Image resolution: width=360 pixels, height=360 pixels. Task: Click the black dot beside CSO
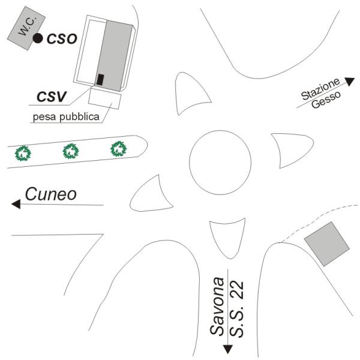(38, 38)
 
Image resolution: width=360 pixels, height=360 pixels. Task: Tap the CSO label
(62, 38)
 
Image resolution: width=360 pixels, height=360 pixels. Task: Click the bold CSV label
(52, 97)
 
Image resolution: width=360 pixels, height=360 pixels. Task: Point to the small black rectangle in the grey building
(100, 80)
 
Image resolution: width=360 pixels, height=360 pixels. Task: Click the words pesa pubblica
(66, 117)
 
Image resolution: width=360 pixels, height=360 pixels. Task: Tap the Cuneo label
(51, 194)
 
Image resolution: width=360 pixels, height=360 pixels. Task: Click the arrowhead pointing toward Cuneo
(16, 204)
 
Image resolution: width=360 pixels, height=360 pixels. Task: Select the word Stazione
(320, 89)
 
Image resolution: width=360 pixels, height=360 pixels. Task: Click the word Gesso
(326, 100)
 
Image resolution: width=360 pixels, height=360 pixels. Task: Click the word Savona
(217, 307)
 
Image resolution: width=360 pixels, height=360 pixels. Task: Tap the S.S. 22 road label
(236, 308)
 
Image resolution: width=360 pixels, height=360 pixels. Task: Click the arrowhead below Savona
(228, 349)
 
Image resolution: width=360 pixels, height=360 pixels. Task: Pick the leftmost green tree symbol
(23, 153)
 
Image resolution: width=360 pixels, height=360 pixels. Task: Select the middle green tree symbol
(71, 151)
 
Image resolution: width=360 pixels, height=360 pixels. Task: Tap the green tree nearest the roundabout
(118, 149)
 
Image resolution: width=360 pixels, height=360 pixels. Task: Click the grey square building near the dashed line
(327, 244)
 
